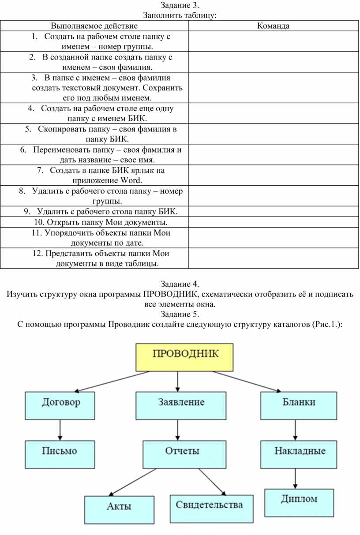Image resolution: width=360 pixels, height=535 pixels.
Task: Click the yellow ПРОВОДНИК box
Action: click(x=184, y=357)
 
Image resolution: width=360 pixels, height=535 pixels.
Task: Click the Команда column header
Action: click(x=273, y=26)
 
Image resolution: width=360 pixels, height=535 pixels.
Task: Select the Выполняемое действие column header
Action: click(x=94, y=26)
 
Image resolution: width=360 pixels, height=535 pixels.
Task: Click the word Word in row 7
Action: click(x=131, y=180)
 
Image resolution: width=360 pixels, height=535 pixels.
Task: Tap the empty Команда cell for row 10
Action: click(x=273, y=222)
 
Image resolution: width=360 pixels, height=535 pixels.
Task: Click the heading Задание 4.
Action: click(x=180, y=284)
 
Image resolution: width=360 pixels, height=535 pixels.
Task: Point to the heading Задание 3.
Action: click(x=180, y=5)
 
